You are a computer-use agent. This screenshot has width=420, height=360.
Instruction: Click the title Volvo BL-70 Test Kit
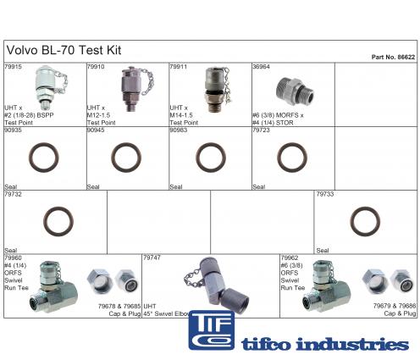pyautogui.click(x=64, y=50)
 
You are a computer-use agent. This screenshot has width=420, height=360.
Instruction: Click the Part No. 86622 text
pyautogui.click(x=393, y=57)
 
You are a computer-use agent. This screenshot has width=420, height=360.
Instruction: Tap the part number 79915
pyautogui.click(x=13, y=67)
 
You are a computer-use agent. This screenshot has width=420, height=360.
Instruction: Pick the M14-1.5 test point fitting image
pyautogui.click(x=218, y=90)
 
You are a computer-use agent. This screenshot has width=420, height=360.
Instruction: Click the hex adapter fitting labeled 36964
pyautogui.click(x=295, y=91)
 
